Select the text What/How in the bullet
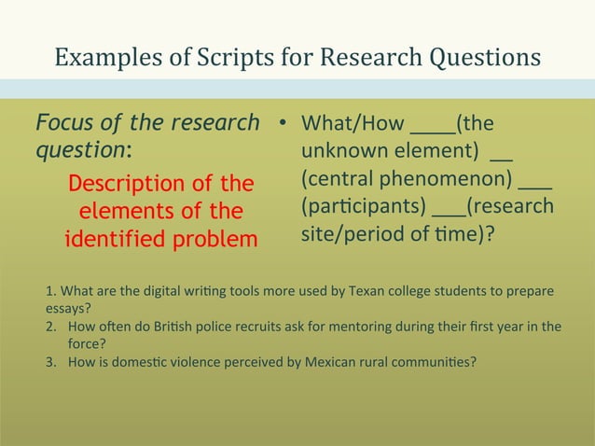tap(353, 124)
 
